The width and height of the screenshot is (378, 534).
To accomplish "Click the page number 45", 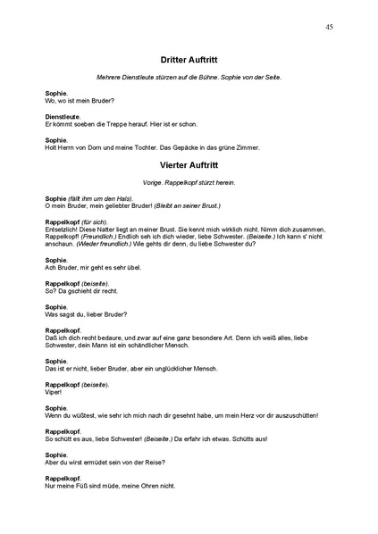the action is click(330, 28).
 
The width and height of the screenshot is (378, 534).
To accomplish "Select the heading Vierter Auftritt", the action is click(189, 165).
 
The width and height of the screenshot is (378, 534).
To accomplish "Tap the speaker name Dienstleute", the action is click(63, 117).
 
